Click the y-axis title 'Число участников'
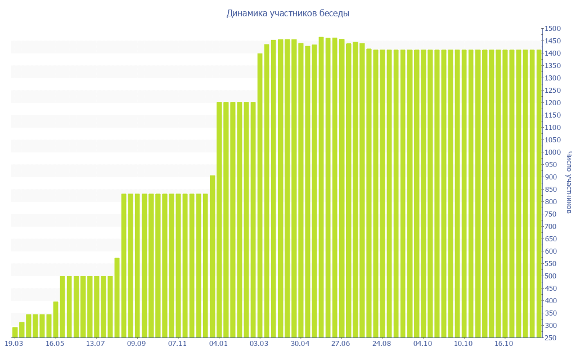coord(569,182)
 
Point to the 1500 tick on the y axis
coord(553,29)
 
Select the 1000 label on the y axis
coord(553,152)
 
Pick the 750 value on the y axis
coord(552,214)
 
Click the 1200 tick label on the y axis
coord(553,103)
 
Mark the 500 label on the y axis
coord(552,276)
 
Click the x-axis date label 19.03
coord(14,344)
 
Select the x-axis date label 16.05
coord(55,344)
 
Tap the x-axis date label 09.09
coord(137,344)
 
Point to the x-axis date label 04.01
coord(218,344)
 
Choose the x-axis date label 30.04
coord(300,344)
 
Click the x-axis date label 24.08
coord(382,344)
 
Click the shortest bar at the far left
coord(15,332)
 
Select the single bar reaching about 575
coord(117,298)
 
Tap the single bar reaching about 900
coord(213,256)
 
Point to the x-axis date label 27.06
coord(341,344)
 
